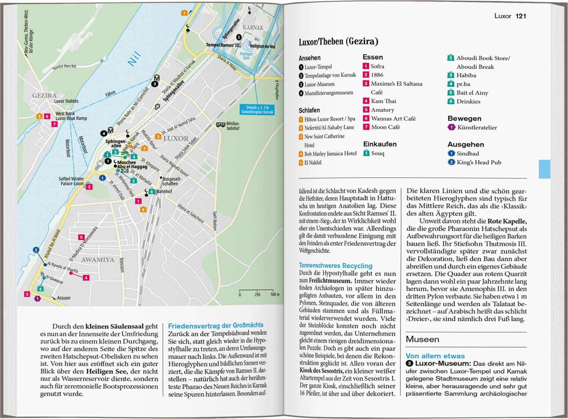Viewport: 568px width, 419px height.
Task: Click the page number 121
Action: click(521, 16)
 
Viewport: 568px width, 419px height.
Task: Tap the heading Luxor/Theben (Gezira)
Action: click(339, 42)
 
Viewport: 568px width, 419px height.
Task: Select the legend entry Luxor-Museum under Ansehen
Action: click(319, 84)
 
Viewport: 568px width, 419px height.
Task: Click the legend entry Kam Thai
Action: click(383, 101)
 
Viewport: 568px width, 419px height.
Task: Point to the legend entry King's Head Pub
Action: click(479, 162)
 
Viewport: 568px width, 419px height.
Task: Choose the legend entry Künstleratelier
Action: click(477, 127)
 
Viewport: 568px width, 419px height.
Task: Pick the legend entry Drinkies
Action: click(468, 101)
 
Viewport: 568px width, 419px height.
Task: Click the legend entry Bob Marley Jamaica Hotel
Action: click(330, 154)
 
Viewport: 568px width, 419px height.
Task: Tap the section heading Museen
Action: click(422, 339)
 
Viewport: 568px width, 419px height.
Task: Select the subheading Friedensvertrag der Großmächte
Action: click(215, 325)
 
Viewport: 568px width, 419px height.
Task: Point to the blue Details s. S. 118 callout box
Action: click(257, 110)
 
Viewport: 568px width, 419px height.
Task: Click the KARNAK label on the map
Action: click(253, 28)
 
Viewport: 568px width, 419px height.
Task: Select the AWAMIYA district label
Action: click(97, 260)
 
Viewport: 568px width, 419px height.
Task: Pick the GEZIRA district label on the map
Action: click(44, 96)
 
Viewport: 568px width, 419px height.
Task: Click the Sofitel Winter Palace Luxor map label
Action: click(71, 181)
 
